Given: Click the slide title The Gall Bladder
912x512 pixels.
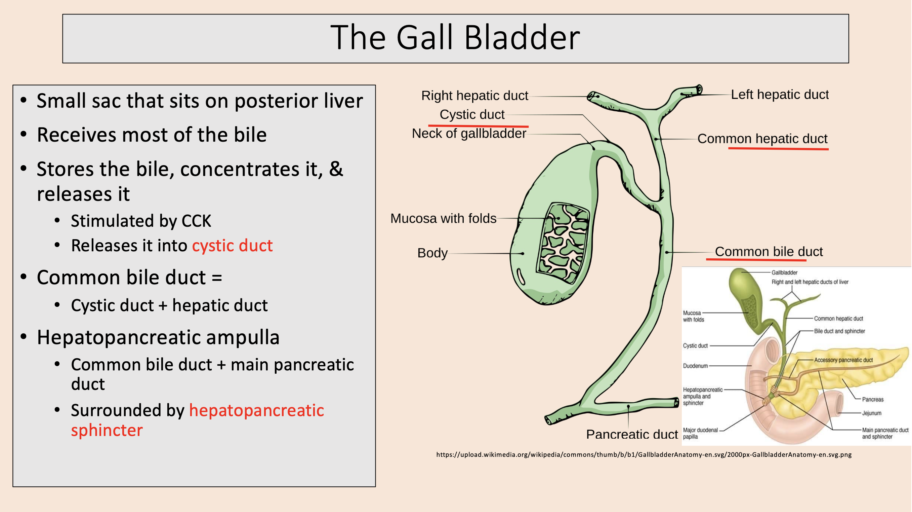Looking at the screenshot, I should (455, 38).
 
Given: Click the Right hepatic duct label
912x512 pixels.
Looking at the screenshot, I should (474, 96).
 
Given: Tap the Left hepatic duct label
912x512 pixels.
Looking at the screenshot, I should (780, 95).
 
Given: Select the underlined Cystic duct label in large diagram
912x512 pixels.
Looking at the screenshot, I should (472, 115).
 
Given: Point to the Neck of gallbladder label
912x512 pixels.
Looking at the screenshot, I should (469, 134).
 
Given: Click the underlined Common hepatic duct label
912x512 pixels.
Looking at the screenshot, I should (762, 139).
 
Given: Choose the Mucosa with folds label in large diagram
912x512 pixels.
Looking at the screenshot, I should (443, 219).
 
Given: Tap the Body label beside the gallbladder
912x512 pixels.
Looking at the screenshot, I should (432, 253).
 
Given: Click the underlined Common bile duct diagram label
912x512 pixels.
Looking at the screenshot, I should (769, 252).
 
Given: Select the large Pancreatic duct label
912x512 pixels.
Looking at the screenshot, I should (632, 434).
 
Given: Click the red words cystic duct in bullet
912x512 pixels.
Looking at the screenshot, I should (232, 246).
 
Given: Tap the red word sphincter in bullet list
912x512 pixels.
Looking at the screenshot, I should (107, 430).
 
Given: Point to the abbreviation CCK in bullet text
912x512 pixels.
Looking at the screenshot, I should (196, 221).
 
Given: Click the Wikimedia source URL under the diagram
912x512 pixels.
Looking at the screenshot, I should (644, 454).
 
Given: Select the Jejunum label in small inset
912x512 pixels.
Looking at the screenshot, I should (872, 413).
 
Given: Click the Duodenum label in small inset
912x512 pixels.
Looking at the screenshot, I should (695, 366).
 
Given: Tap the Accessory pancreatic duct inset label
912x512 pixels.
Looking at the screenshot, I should (843, 360).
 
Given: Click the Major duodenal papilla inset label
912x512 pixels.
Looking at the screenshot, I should (700, 433).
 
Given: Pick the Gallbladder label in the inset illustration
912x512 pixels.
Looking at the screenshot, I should (784, 273).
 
